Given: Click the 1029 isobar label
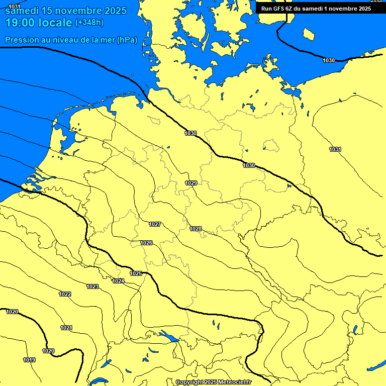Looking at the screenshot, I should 191,183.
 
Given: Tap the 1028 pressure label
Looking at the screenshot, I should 196,229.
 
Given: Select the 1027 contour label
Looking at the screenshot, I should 155,224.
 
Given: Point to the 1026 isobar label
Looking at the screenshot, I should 146,243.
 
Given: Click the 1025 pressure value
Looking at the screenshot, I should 136,273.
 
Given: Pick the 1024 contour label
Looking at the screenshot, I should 119,281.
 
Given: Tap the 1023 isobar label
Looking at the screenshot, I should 92,286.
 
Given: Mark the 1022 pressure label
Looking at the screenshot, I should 65,294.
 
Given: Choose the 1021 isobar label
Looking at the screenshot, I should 66,328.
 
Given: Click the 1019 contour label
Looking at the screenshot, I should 29,360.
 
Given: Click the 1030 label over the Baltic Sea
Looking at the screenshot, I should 329,60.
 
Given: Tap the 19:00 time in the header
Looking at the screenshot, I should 20,23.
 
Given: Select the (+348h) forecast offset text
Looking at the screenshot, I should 89,23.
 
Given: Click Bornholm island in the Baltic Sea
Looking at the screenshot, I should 309,34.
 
